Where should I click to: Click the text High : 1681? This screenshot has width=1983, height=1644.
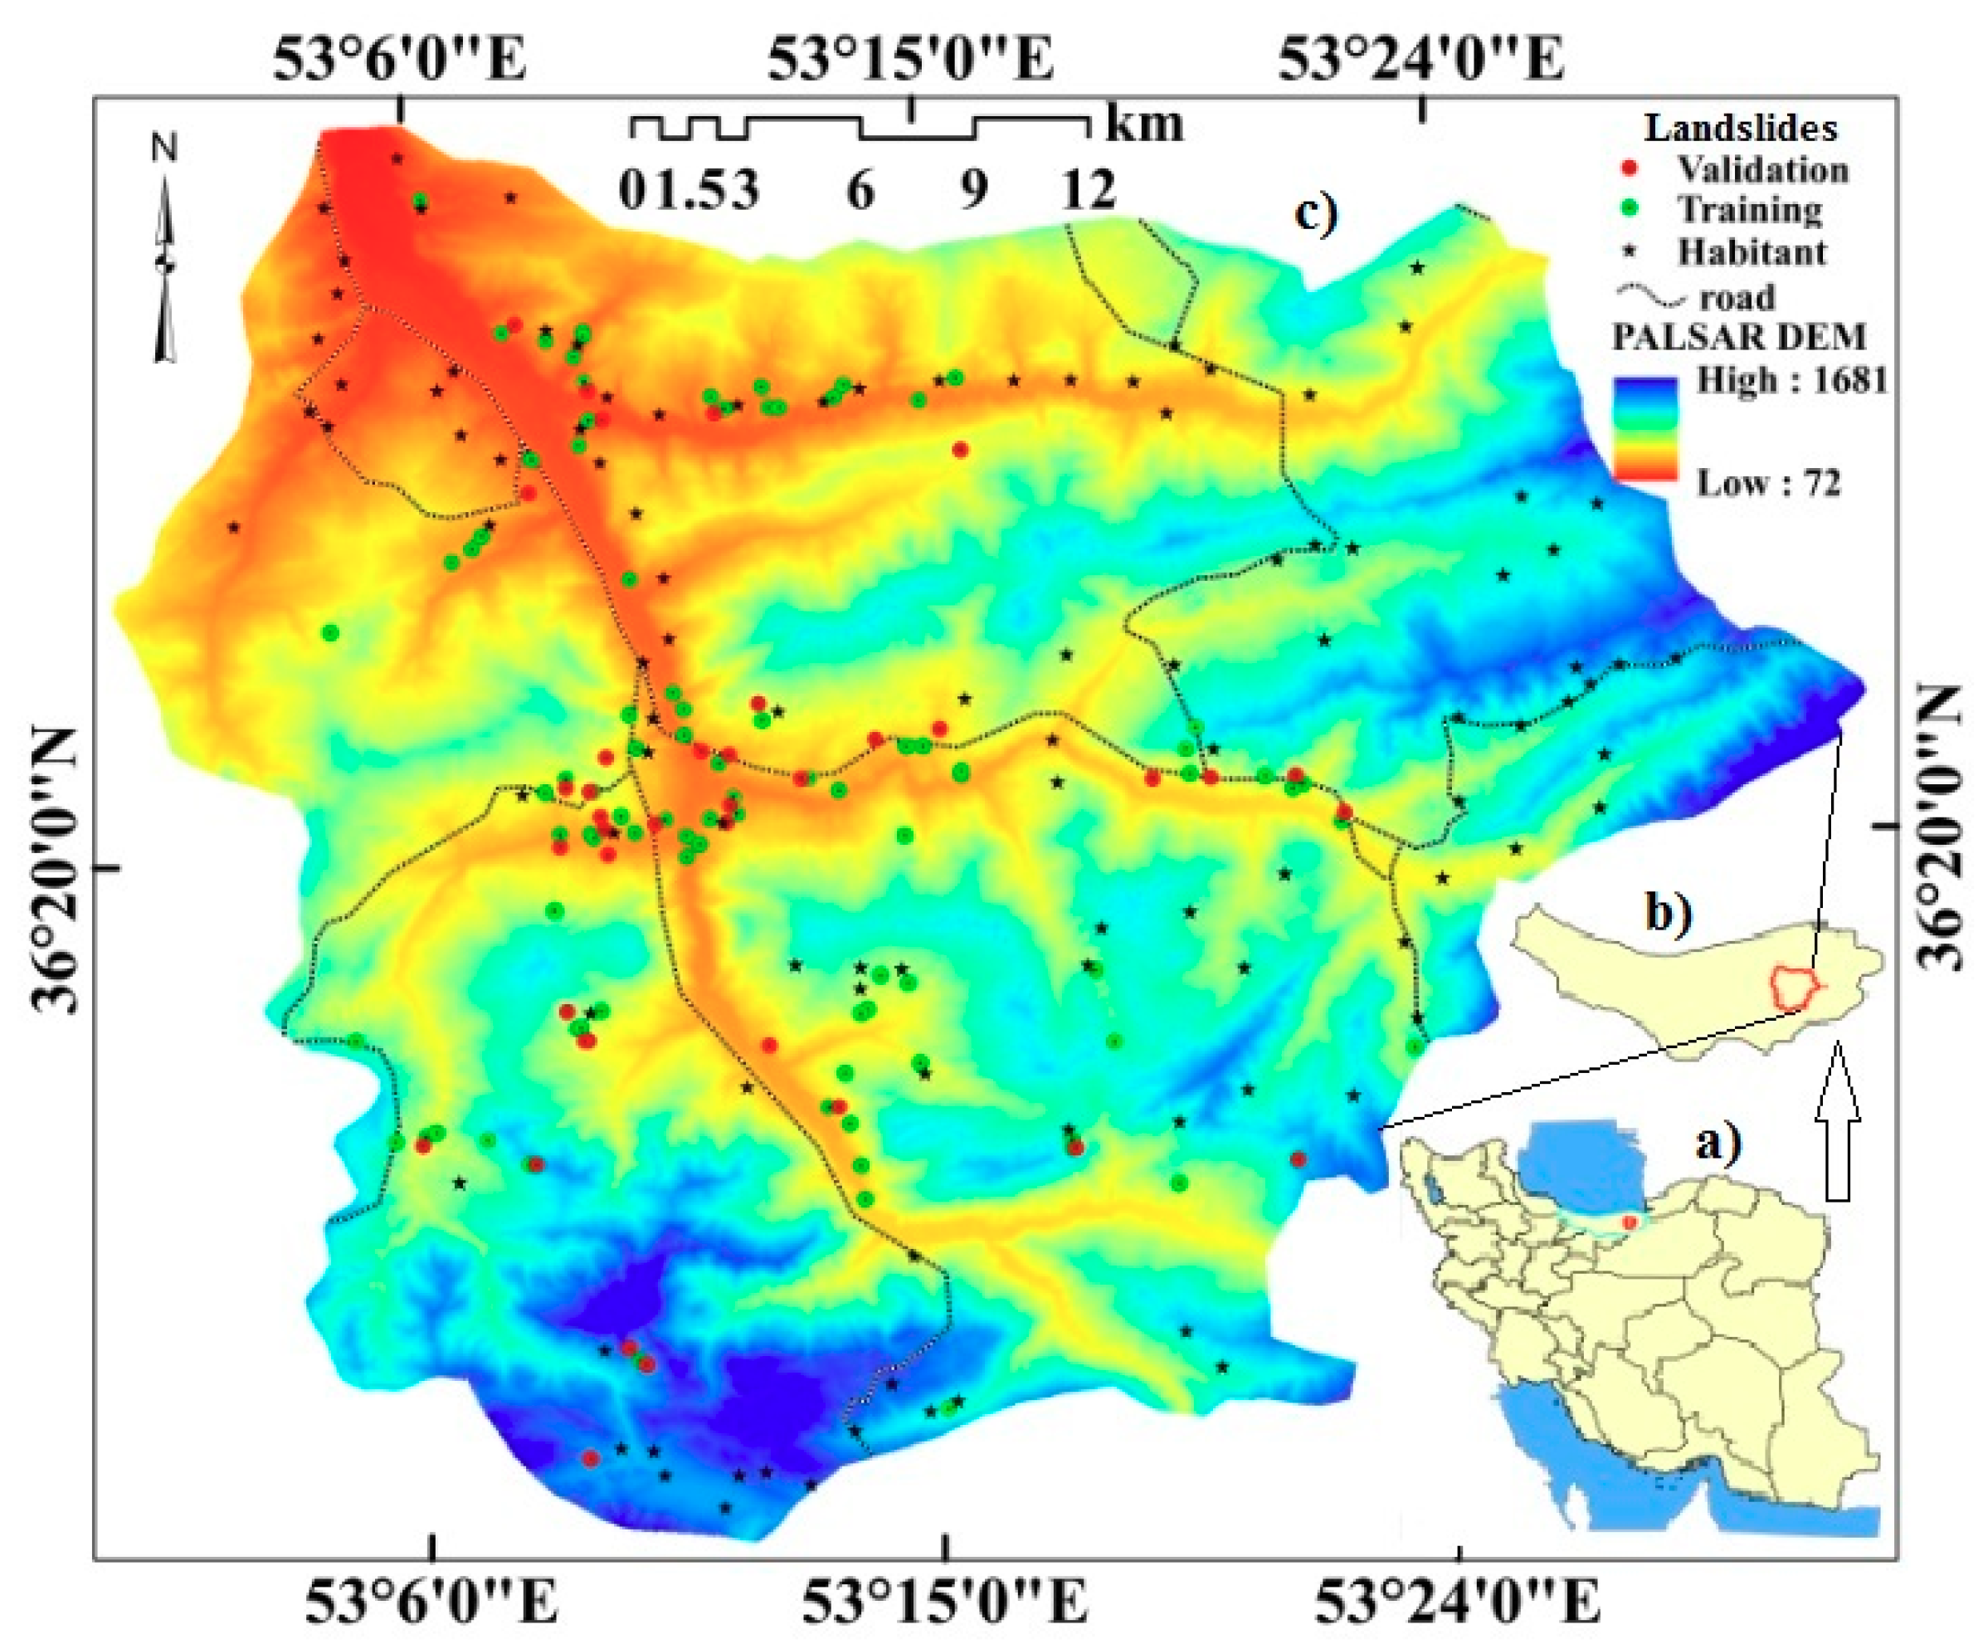pyautogui.click(x=1791, y=379)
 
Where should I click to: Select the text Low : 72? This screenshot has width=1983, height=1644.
pyautogui.click(x=1769, y=484)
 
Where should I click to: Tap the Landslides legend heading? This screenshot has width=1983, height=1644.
pyautogui.click(x=1742, y=128)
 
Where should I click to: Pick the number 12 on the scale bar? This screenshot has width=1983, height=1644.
pyautogui.click(x=1088, y=190)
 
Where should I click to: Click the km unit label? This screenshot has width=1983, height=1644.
pyautogui.click(x=1144, y=123)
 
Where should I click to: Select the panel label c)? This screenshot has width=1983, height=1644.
pyautogui.click(x=1315, y=213)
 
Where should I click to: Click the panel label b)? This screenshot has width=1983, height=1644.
pyautogui.click(x=1670, y=913)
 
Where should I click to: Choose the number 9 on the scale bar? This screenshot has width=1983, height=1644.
pyautogui.click(x=973, y=190)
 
